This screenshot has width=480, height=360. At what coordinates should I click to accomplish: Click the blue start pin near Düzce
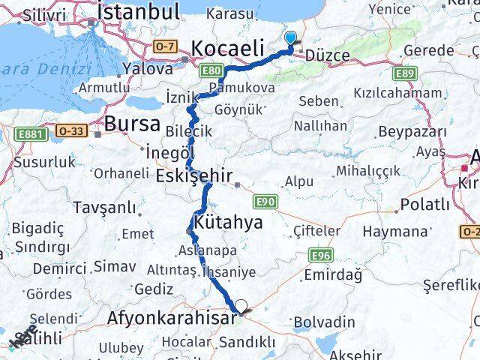tap(291, 37)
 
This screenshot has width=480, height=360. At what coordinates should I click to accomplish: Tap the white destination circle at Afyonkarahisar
tap(241, 306)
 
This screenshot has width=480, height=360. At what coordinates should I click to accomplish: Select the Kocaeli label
tap(227, 48)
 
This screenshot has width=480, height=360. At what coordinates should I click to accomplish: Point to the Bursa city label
tap(133, 124)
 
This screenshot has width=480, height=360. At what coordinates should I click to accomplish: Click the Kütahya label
tap(228, 222)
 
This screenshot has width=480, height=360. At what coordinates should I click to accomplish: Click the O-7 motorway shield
tap(164, 46)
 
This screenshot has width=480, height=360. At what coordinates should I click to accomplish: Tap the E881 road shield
tap(28, 133)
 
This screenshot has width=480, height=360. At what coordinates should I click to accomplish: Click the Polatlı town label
tap(424, 205)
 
